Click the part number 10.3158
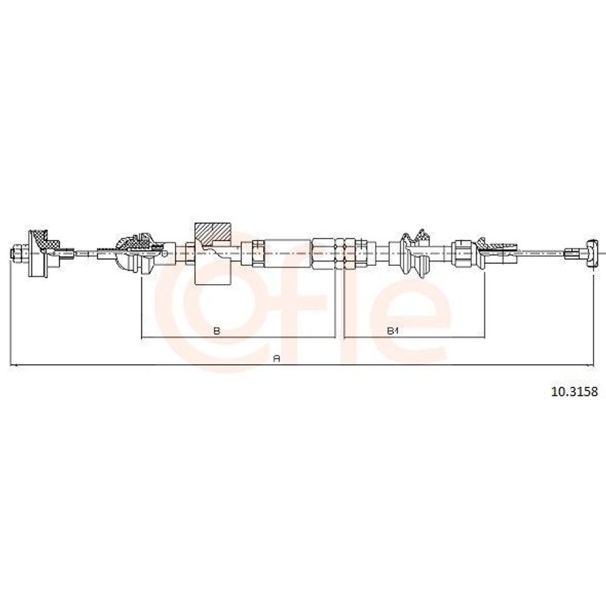point(574,392)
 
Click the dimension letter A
point(276,358)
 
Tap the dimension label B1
point(392,331)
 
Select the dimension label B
point(217,331)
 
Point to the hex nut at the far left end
point(17,254)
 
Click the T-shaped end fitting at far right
point(592,253)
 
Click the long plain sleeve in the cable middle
point(288,253)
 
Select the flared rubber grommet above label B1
point(414,253)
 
